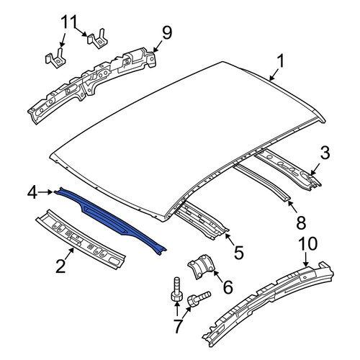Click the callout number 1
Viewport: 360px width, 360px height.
tap(280, 61)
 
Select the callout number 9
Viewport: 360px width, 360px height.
tap(167, 33)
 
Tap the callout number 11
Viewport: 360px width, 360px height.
tap(69, 22)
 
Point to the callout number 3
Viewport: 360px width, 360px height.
tap(325, 153)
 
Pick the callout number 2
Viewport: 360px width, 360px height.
tap(60, 266)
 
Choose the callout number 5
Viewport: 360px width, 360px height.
tap(238, 252)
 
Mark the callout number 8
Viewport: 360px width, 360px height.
tap(301, 222)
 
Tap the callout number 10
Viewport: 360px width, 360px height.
tap(308, 244)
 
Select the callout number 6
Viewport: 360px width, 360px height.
tap(228, 287)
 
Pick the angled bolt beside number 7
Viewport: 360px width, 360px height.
tap(198, 299)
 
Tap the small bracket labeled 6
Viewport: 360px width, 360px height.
tap(201, 267)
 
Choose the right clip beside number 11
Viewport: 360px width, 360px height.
tap(97, 40)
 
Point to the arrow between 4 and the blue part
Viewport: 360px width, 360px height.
tap(45, 192)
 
